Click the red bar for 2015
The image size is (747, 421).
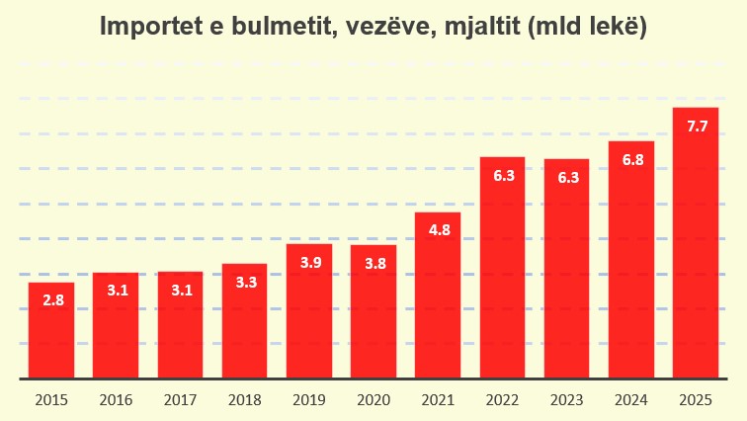coord(51,330)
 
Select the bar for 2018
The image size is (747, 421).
coord(244,321)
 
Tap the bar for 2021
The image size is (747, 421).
coord(438,295)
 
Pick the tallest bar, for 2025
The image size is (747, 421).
coord(696,243)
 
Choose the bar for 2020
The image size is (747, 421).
coord(373,311)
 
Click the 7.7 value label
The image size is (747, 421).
coord(697,126)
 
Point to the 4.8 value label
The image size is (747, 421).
coord(438,230)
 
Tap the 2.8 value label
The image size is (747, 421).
coord(52,300)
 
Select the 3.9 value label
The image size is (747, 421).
coord(309,262)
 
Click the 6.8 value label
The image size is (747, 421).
coord(632,159)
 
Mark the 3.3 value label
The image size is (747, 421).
coord(245,282)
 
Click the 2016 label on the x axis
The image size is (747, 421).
coord(116,399)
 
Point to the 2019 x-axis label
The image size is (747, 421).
coord(309,399)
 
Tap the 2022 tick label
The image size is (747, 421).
coord(502,399)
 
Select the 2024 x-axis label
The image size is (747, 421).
coord(631,399)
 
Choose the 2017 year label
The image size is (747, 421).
coord(180,399)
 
